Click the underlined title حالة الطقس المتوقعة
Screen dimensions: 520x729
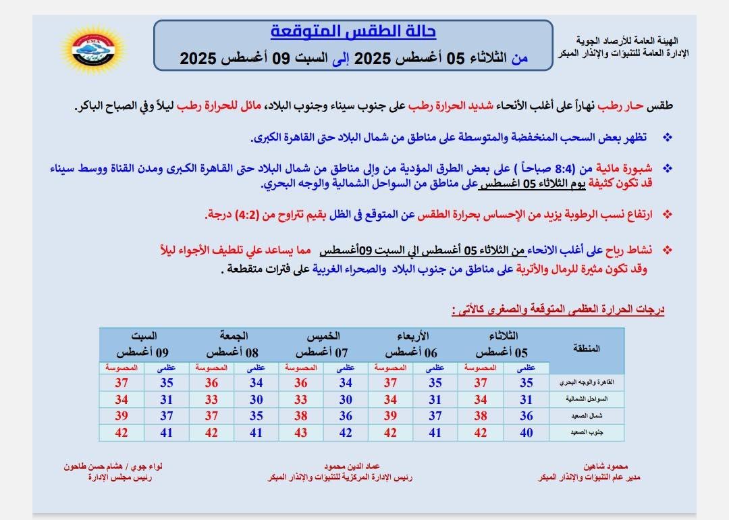353,32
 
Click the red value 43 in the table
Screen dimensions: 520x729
301,433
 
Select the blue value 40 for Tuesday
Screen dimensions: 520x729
526,433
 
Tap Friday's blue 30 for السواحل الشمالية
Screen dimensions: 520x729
256,400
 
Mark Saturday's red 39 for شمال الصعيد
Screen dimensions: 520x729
122,416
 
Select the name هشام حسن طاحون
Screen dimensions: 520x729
94,467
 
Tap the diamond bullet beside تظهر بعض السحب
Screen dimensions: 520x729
668,138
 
